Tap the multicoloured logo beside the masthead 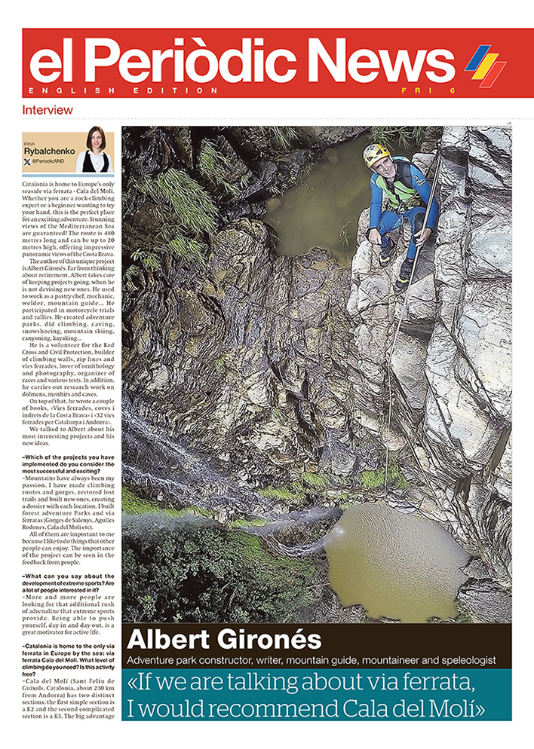(x=485, y=65)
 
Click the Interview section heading (x=43, y=110)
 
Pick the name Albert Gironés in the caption (x=224, y=640)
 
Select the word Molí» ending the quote (x=456, y=708)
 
